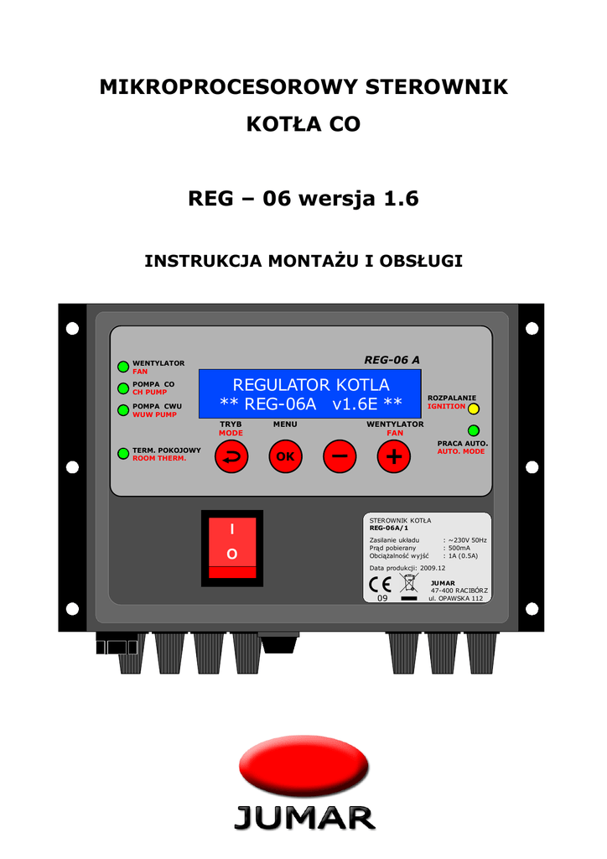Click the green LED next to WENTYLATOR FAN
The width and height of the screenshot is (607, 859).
123,367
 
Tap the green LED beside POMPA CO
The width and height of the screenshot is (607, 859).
123,388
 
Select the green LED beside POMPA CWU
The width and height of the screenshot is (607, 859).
123,410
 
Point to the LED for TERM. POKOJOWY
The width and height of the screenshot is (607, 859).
123,454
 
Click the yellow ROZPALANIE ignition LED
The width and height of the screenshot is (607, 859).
473,409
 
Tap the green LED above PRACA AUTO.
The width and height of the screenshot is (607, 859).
474,430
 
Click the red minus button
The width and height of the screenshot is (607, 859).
340,456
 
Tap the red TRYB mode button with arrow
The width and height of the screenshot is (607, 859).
231,456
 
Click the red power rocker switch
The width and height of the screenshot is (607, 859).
232,549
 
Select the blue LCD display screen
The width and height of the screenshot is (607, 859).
310,393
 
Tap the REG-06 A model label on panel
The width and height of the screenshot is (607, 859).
392,360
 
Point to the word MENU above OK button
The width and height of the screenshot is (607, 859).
285,424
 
